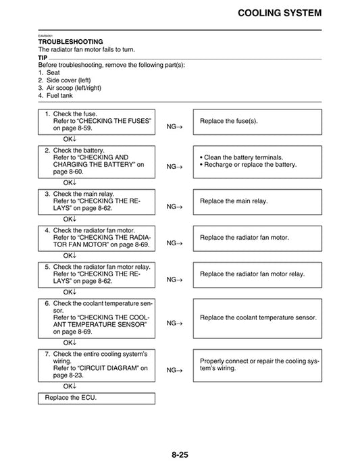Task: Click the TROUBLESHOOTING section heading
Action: tap(70, 42)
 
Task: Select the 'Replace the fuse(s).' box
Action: tap(257, 122)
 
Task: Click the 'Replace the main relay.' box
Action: tap(257, 201)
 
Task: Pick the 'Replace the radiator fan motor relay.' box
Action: tap(257, 274)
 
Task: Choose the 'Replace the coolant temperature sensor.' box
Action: tap(257, 317)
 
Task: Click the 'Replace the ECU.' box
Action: tap(96, 398)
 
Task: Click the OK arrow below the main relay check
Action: tap(70, 219)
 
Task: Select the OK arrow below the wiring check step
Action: tap(70, 386)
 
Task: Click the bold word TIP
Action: tap(43, 57)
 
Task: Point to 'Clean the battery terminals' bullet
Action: tap(244, 157)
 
